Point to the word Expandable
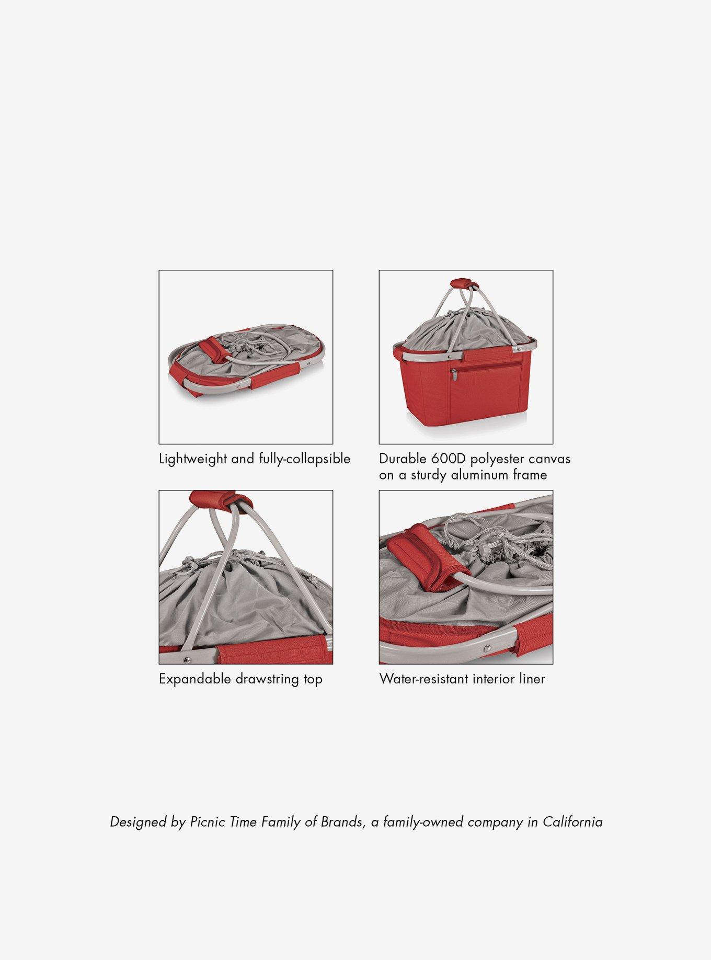(x=195, y=679)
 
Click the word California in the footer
(x=572, y=822)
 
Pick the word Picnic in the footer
(x=206, y=822)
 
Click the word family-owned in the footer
(x=423, y=822)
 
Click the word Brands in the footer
(x=341, y=822)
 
